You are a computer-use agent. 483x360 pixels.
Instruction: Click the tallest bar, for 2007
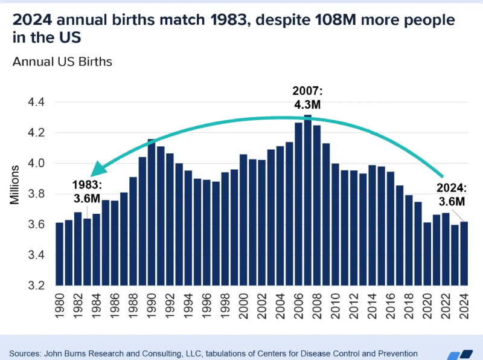pos(307,200)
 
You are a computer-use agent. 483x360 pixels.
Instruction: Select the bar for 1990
pos(152,212)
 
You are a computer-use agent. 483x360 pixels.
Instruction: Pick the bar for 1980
pos(59,254)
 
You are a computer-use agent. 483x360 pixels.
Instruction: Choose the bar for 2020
pos(427,254)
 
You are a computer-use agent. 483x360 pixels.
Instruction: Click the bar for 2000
pos(243,220)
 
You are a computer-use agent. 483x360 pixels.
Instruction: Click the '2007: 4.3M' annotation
pos(307,98)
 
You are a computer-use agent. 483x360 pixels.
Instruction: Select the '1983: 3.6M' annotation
pos(88,190)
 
